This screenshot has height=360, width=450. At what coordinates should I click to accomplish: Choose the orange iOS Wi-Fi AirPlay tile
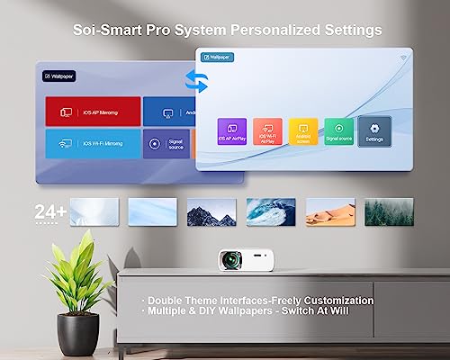(267, 131)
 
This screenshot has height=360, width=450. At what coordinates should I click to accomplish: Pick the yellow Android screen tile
(303, 131)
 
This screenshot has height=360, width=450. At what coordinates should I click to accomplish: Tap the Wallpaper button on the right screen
(219, 58)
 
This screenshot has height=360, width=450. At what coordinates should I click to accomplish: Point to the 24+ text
(49, 211)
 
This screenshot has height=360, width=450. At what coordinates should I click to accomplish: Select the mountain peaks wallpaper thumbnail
(211, 211)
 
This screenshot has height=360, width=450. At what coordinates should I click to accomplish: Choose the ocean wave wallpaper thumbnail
(271, 211)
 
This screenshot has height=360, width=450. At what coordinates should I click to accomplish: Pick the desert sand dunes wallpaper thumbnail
(329, 211)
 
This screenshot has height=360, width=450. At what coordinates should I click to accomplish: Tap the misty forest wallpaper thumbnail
(389, 211)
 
